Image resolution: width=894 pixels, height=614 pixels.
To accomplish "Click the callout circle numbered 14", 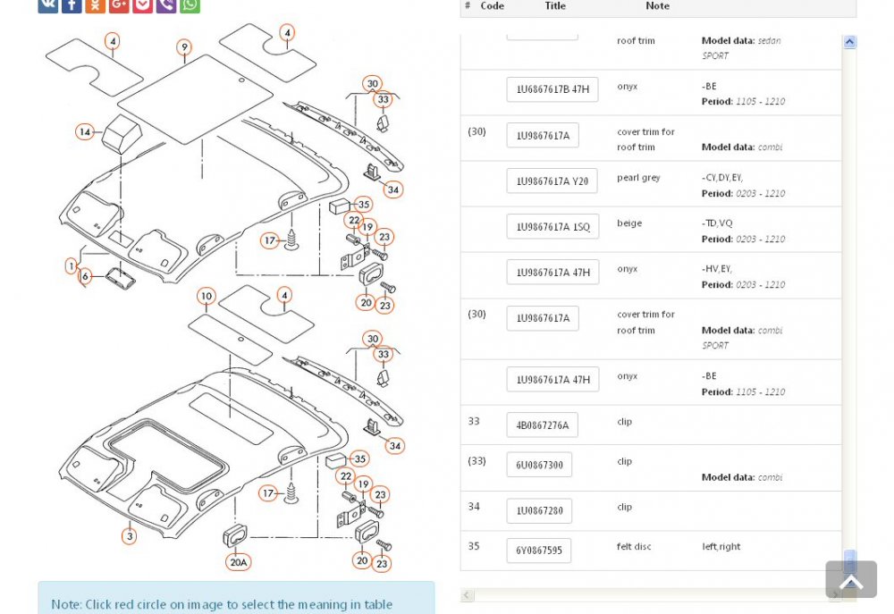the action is pyautogui.click(x=84, y=132).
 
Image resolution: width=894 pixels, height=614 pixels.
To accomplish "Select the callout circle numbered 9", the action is pyautogui.click(x=183, y=47).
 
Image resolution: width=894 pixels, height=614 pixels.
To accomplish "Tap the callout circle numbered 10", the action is pyautogui.click(x=207, y=296).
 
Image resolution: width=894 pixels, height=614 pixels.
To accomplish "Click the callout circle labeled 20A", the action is pyautogui.click(x=239, y=562).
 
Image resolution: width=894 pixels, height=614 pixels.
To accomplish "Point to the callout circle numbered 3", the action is pyautogui.click(x=130, y=536).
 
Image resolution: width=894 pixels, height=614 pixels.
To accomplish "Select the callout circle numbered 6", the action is pyautogui.click(x=85, y=276).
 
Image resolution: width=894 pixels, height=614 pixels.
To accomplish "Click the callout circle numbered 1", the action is pyautogui.click(x=72, y=265).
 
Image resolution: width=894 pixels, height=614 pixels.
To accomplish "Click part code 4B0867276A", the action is pyautogui.click(x=543, y=425).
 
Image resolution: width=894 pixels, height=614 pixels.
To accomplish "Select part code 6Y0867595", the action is pyautogui.click(x=539, y=551).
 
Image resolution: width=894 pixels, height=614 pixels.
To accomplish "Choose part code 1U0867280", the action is pyautogui.click(x=539, y=511).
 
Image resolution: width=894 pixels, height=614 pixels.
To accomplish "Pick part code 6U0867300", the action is pyautogui.click(x=539, y=466).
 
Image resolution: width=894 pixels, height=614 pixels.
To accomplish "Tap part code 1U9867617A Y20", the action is pyautogui.click(x=552, y=181).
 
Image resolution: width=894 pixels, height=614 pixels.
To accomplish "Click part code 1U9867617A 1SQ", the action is pyautogui.click(x=553, y=227).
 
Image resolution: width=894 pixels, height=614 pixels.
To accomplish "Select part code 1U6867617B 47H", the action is pyautogui.click(x=552, y=89).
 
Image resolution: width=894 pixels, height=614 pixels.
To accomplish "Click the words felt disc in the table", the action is pyautogui.click(x=634, y=547).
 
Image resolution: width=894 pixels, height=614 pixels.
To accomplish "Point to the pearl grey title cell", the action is pyautogui.click(x=638, y=178).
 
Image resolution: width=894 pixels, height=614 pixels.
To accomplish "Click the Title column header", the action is pyautogui.click(x=555, y=5).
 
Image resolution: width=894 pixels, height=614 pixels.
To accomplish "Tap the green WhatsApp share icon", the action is pyautogui.click(x=190, y=4).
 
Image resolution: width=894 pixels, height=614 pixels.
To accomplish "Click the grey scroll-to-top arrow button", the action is pyautogui.click(x=851, y=579).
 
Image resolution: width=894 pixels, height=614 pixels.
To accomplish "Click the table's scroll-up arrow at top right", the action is pyautogui.click(x=849, y=42).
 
